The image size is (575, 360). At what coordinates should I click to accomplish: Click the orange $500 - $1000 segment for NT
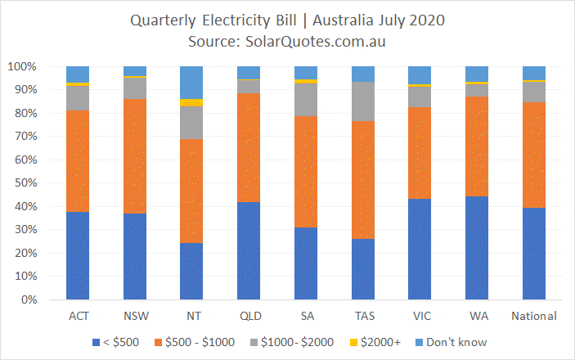191,191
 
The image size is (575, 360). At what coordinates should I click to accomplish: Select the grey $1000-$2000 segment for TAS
363,101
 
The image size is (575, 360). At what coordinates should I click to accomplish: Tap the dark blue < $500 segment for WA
477,248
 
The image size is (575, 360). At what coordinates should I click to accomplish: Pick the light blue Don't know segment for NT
191,83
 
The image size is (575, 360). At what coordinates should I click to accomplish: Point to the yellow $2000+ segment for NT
191,103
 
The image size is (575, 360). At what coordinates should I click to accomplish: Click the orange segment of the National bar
534,155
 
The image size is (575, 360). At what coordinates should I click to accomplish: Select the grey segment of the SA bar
306,100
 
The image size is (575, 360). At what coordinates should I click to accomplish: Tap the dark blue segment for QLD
249,251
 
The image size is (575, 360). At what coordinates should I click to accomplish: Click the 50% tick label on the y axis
25,182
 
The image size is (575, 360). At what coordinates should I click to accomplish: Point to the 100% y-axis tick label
22,66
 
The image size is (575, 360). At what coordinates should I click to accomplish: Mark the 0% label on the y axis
29,299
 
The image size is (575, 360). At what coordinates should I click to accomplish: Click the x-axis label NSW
136,316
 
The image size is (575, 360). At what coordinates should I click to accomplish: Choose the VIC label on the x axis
422,316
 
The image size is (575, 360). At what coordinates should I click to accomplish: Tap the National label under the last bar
534,316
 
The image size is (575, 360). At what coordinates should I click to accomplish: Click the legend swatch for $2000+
353,342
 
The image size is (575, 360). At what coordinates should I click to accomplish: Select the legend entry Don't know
451,342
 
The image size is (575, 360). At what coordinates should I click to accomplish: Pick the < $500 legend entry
116,342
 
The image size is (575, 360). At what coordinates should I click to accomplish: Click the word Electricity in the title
249,20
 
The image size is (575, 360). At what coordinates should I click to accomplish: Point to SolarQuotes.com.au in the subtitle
316,42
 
